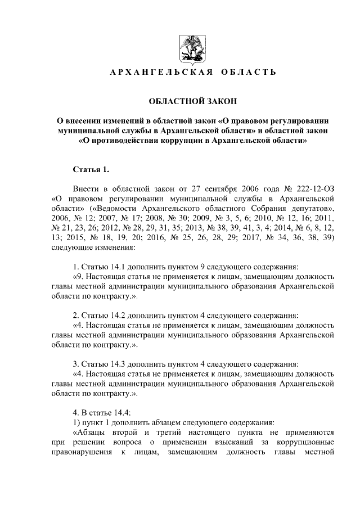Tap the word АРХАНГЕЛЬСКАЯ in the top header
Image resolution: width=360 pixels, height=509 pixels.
(x=155, y=73)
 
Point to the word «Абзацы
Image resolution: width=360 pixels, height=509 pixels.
(x=93, y=432)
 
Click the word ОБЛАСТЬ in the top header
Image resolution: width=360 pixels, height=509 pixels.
(x=251, y=73)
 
